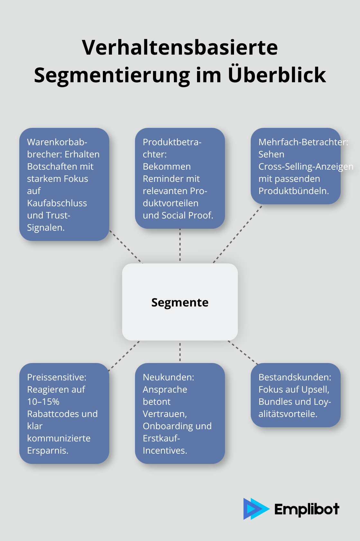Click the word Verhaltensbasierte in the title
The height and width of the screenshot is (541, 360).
(x=180, y=48)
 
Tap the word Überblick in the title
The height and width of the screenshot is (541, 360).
(x=277, y=75)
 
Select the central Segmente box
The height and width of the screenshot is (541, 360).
(x=180, y=302)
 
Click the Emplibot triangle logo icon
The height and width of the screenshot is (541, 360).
(x=255, y=509)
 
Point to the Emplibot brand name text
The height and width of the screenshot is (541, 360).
(x=307, y=509)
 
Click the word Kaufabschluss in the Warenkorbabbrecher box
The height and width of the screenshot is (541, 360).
(x=57, y=203)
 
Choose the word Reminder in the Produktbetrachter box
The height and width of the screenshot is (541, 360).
(x=171, y=179)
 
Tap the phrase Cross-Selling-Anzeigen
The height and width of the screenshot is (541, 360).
(x=306, y=166)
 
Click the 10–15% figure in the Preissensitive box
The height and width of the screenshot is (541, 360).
(x=43, y=402)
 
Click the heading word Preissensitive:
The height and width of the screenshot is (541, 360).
(x=57, y=377)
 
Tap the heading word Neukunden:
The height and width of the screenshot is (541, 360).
(x=168, y=377)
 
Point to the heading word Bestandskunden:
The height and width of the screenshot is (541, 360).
(x=295, y=377)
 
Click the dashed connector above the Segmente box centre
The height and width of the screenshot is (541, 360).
(x=180, y=246)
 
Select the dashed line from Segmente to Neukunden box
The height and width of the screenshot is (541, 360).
(x=180, y=352)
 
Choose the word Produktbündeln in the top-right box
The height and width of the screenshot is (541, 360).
(x=293, y=191)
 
